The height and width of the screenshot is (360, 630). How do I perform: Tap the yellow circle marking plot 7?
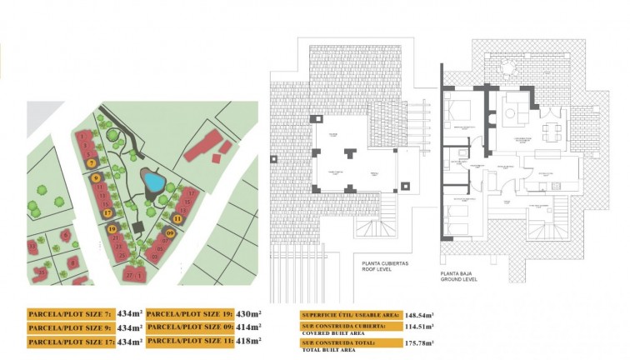tap(91, 163)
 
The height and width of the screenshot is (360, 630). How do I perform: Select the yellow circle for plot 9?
tap(97, 177)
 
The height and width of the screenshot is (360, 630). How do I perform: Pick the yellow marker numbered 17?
tap(107, 212)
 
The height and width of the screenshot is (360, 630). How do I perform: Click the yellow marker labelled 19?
tap(112, 227)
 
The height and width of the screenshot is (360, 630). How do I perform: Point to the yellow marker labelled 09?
tap(169, 233)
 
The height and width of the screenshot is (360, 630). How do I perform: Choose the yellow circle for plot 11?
tap(177, 219)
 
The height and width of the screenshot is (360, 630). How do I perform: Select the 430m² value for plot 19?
tap(248, 314)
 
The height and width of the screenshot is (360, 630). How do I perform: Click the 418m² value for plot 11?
tap(248, 341)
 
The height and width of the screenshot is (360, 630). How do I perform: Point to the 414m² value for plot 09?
tap(248, 327)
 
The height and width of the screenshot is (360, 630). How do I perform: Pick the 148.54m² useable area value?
tap(419, 315)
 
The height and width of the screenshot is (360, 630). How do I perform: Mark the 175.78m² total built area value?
tap(419, 342)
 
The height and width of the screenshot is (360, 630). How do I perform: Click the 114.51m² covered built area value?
tap(419, 328)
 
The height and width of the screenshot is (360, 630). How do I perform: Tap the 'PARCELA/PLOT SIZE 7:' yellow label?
tap(70, 314)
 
